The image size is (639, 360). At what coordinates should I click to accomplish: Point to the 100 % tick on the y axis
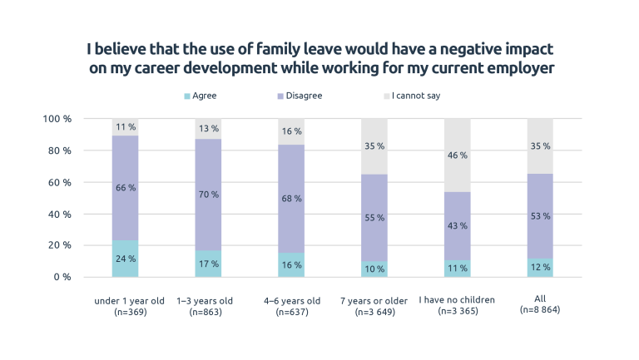(57, 119)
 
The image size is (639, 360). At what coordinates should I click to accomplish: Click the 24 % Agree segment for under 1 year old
(126, 259)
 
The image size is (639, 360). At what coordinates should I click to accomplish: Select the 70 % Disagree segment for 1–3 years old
(208, 195)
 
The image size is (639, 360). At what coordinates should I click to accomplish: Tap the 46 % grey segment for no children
(457, 155)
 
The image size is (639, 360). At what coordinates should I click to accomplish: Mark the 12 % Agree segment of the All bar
(540, 267)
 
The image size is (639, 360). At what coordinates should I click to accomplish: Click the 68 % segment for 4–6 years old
(291, 199)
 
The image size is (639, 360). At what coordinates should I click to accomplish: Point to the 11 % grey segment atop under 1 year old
(126, 127)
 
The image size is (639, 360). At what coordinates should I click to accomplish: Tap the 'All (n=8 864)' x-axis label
(540, 305)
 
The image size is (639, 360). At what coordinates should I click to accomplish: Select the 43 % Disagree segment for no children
(457, 226)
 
